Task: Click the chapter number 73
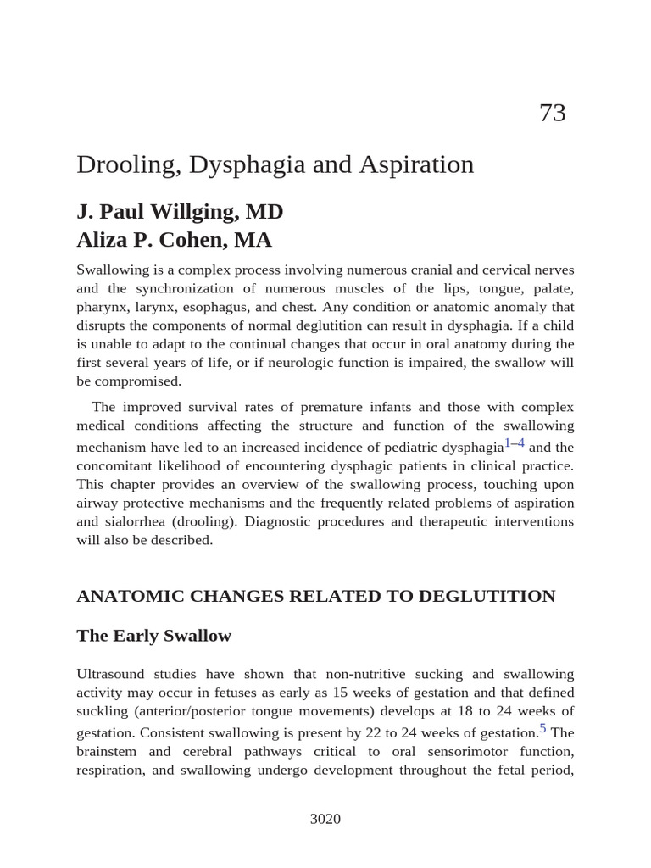552,113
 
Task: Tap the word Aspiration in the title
416,164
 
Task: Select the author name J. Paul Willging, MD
180,211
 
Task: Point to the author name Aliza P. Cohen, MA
174,240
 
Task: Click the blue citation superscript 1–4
515,443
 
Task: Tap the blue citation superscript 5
543,728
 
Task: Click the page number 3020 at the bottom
325,819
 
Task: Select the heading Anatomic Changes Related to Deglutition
315,596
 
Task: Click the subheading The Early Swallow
153,636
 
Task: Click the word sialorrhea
137,521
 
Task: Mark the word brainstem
109,751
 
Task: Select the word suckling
101,710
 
